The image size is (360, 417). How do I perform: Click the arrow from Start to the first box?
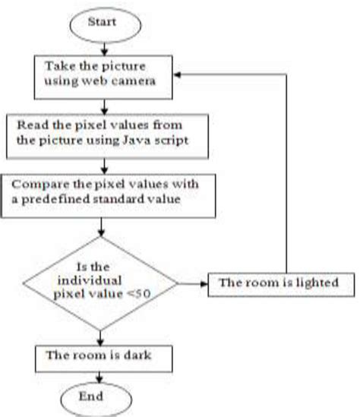click(102, 46)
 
